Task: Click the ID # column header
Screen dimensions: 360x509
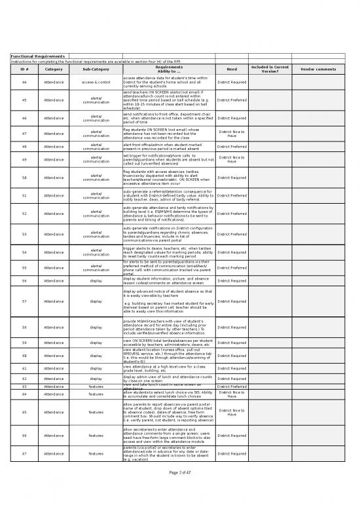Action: tap(24, 69)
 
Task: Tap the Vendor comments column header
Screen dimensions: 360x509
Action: tap(317, 69)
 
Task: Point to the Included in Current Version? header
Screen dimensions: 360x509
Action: tap(270, 69)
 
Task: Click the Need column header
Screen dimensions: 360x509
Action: tap(231, 69)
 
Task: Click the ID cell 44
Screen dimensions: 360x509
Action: tap(24, 82)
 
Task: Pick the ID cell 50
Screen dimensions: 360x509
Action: tap(24, 178)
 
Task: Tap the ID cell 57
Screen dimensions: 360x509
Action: tap(24, 301)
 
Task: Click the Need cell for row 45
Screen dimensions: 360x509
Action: tap(231, 100)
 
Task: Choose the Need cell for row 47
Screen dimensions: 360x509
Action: tap(231, 134)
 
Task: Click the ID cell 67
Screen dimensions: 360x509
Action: tap(24, 453)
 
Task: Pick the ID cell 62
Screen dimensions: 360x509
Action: tap(24, 379)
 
